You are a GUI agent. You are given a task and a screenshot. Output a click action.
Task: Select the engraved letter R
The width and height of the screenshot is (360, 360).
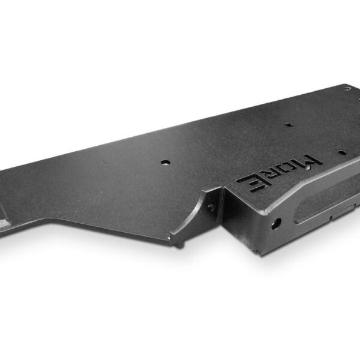270,176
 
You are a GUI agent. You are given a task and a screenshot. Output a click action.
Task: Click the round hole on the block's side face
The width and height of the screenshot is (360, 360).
276,224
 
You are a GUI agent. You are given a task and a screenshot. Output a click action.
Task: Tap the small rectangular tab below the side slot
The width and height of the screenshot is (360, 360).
342,212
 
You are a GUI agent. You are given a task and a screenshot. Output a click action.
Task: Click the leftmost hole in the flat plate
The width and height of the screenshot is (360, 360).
166,163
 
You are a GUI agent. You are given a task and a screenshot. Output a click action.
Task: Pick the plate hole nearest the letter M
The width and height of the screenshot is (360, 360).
341,152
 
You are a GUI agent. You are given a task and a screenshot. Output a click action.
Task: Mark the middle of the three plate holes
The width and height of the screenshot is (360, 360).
289,125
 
